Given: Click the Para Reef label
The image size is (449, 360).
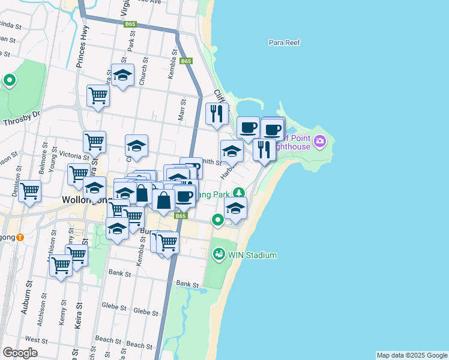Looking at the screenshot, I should (x=285, y=43).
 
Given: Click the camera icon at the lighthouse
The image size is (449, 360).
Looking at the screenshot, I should (x=320, y=141).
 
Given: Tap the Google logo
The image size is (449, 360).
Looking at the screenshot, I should (x=20, y=353).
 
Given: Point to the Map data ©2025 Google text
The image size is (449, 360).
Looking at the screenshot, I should (x=411, y=355).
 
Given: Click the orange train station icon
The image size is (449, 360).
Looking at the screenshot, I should (x=20, y=236).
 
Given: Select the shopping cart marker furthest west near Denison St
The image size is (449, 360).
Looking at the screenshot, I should (x=29, y=192).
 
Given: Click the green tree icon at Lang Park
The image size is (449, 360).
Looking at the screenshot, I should (x=240, y=192).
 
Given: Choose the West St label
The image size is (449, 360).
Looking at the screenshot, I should (x=36, y=340).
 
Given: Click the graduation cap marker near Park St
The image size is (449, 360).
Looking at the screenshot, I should (x=123, y=76).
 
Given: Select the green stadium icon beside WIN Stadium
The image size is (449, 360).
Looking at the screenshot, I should (x=218, y=255).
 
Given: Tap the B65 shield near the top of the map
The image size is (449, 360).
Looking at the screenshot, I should (x=130, y=24).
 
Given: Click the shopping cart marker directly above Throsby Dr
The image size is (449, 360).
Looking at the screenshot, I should (x=97, y=95).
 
